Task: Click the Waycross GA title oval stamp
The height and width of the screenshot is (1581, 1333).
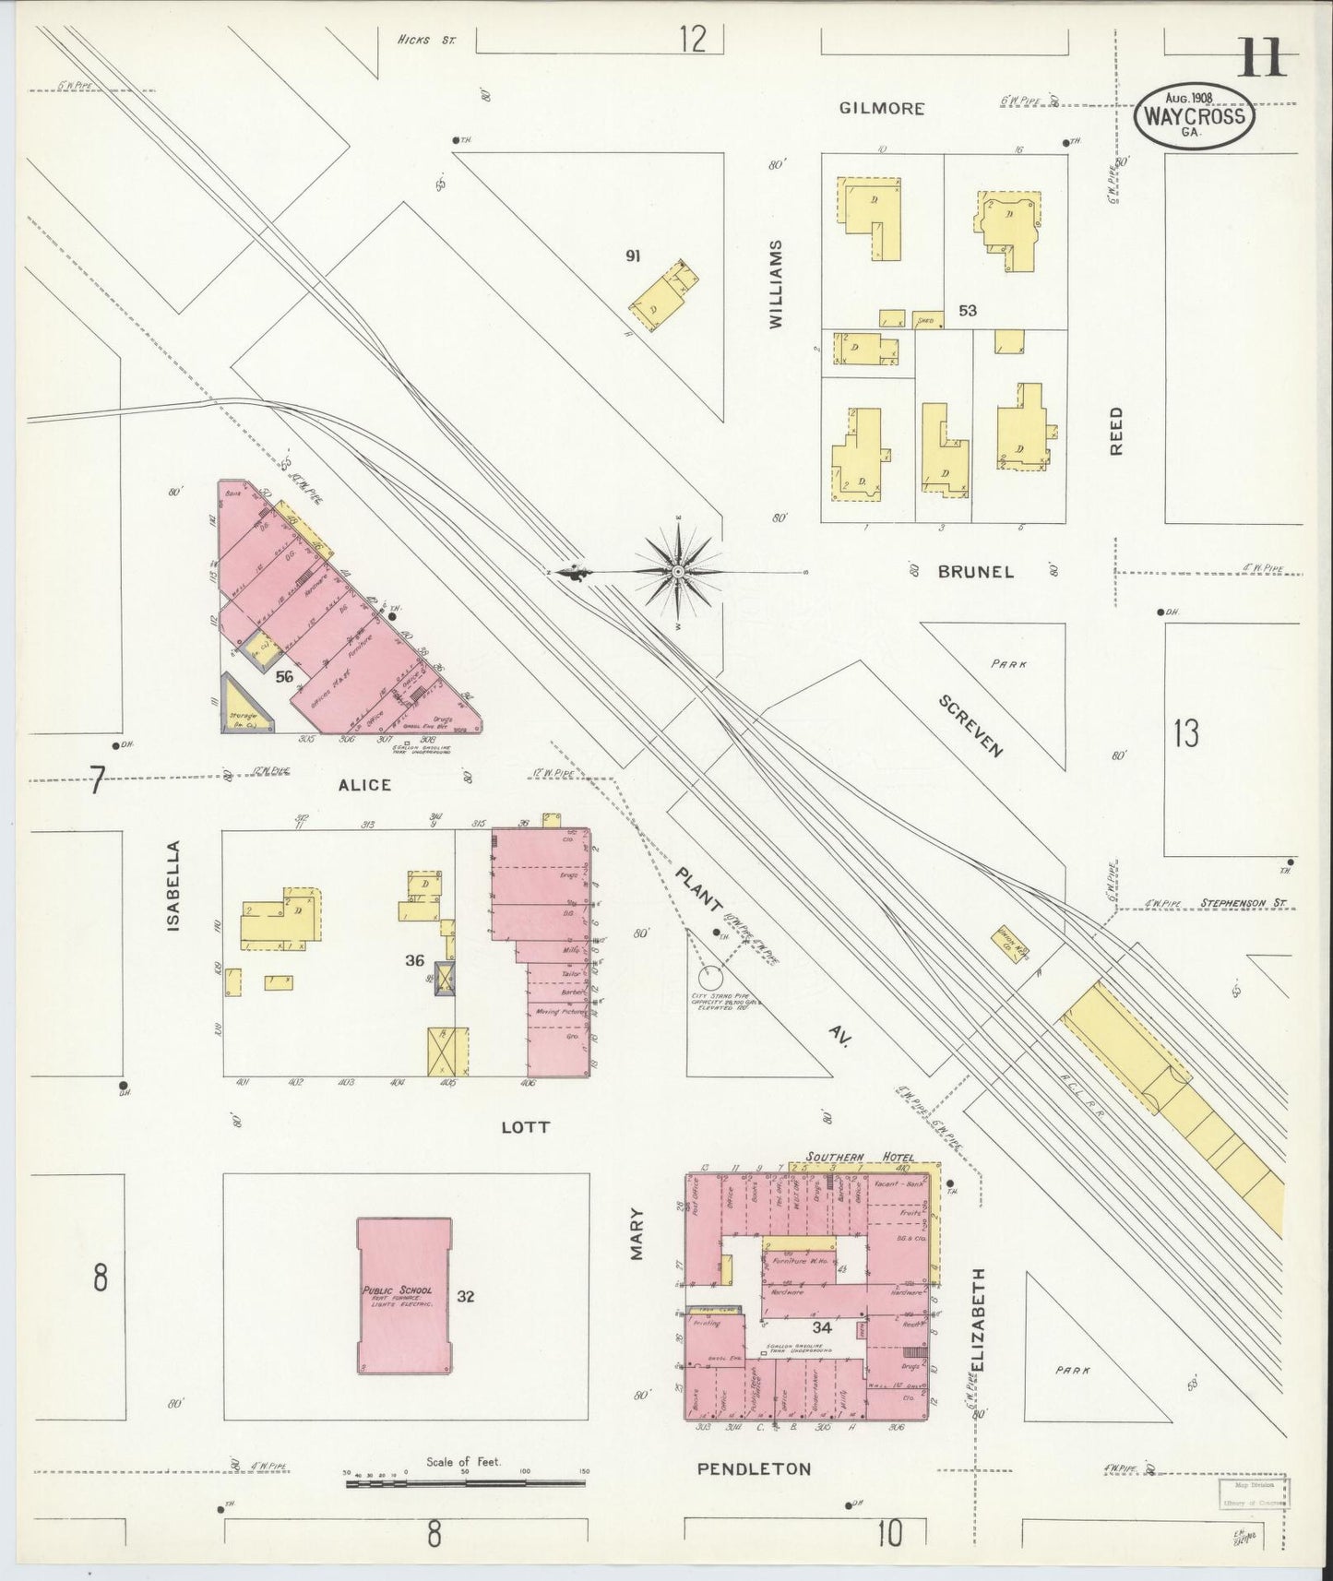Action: point(1195,114)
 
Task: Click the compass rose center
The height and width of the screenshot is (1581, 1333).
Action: point(679,572)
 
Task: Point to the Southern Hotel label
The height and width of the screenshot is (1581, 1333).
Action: point(859,1157)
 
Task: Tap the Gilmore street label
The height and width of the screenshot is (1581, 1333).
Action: point(882,109)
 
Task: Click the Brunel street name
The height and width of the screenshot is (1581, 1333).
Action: point(976,572)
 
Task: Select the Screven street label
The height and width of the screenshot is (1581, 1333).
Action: point(970,725)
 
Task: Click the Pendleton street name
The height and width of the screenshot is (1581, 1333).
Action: point(755,1468)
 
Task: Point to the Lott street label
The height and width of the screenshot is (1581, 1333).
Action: point(526,1127)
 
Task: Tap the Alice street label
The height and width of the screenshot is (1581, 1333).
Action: point(364,785)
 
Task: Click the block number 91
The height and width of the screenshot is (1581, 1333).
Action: point(633,256)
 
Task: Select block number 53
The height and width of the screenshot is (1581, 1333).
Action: point(967,311)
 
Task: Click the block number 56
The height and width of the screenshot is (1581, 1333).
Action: point(284,676)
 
